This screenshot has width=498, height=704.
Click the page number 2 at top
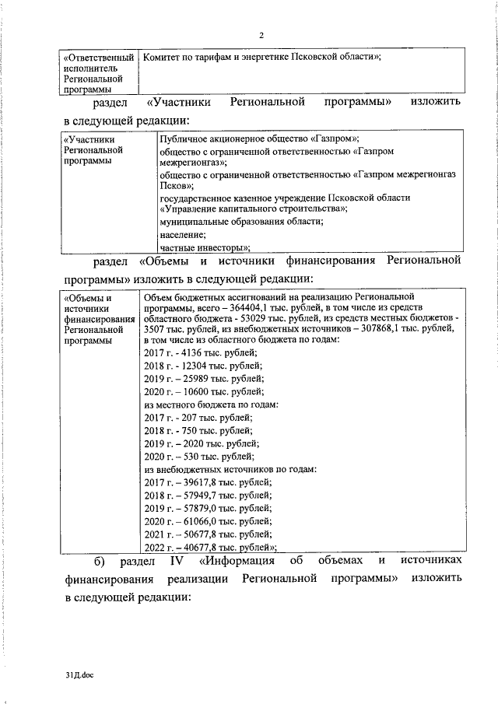tap(261, 36)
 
